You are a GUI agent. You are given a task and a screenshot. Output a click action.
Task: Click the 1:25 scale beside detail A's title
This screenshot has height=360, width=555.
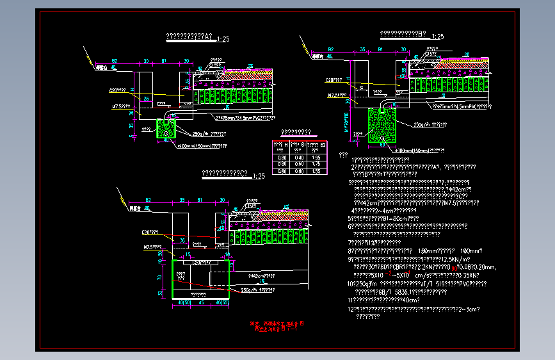[223, 39]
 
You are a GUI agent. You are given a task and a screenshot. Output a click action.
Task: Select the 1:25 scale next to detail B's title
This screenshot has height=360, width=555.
[438, 37]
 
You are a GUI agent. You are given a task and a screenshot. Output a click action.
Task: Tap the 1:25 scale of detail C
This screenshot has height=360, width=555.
[259, 176]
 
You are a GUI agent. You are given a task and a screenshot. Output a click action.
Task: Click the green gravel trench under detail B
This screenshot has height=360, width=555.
[382, 124]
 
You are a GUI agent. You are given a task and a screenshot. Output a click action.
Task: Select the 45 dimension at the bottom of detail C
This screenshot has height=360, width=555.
[201, 302]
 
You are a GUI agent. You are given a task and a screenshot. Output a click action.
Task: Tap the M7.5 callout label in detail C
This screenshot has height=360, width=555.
[152, 246]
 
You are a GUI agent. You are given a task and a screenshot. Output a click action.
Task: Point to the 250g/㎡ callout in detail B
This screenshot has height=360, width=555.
[430, 125]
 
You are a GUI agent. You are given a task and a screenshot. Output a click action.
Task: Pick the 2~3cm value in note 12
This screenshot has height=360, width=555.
[471, 308]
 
